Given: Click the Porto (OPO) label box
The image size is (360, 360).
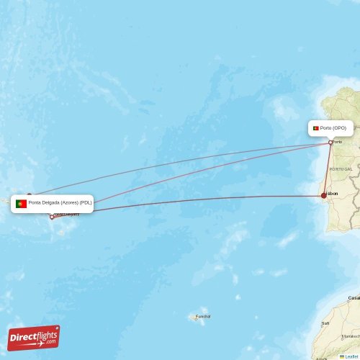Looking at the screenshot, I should pos(330,128).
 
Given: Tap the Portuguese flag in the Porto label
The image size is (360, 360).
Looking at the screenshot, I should pos(315,128).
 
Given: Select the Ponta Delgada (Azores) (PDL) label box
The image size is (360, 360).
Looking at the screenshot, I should pos(53,203).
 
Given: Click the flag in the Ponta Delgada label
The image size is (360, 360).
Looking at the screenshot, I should pos(22,204).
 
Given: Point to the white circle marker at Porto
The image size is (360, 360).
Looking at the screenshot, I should pos(330,142).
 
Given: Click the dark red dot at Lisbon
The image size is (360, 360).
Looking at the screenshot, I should pos(323,195).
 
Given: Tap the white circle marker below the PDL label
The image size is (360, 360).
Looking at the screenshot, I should pos(51,216).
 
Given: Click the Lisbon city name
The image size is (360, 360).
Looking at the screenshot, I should pos(332,193).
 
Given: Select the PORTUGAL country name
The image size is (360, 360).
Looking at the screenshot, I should pos(341,168).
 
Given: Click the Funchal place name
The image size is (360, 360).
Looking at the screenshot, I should pos(203,316).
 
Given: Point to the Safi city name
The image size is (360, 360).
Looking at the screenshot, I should pos(325,323).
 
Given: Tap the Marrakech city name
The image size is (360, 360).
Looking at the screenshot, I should pos(351,336).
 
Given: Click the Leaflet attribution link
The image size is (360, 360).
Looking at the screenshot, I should pos(351,356).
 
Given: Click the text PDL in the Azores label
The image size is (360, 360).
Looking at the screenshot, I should pos(86,203).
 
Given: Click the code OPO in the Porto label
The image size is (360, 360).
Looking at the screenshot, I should pos(339,128).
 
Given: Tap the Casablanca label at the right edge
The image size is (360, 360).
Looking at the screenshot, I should pos(354,297).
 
